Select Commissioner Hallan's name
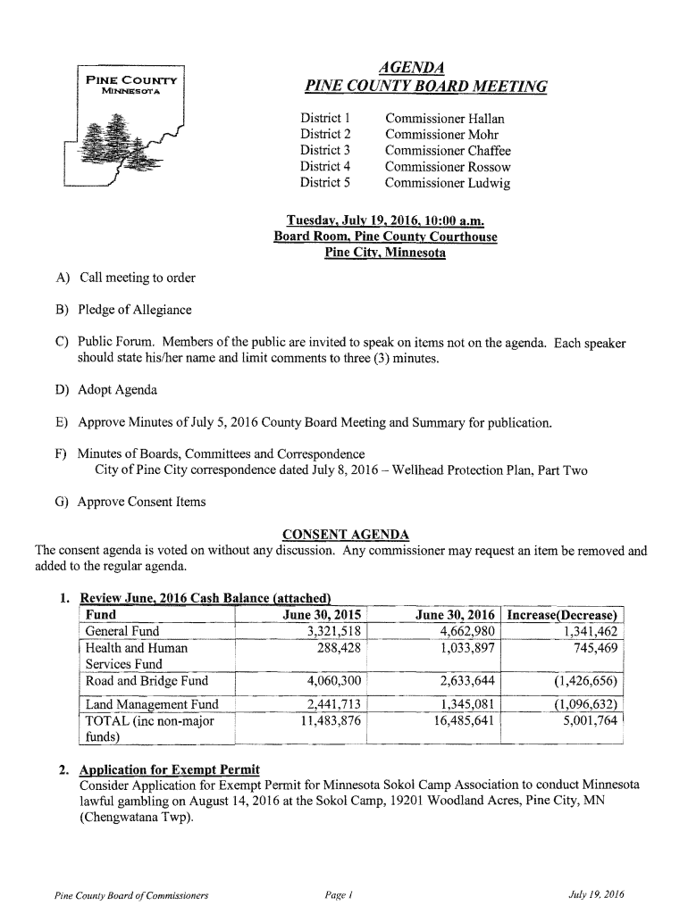coord(444,119)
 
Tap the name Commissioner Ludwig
coord(447,183)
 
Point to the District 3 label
coord(324,151)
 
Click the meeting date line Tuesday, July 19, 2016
coord(385,220)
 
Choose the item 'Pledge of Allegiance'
coord(135,310)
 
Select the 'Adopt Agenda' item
coord(117,389)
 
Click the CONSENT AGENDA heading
coord(346,535)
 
